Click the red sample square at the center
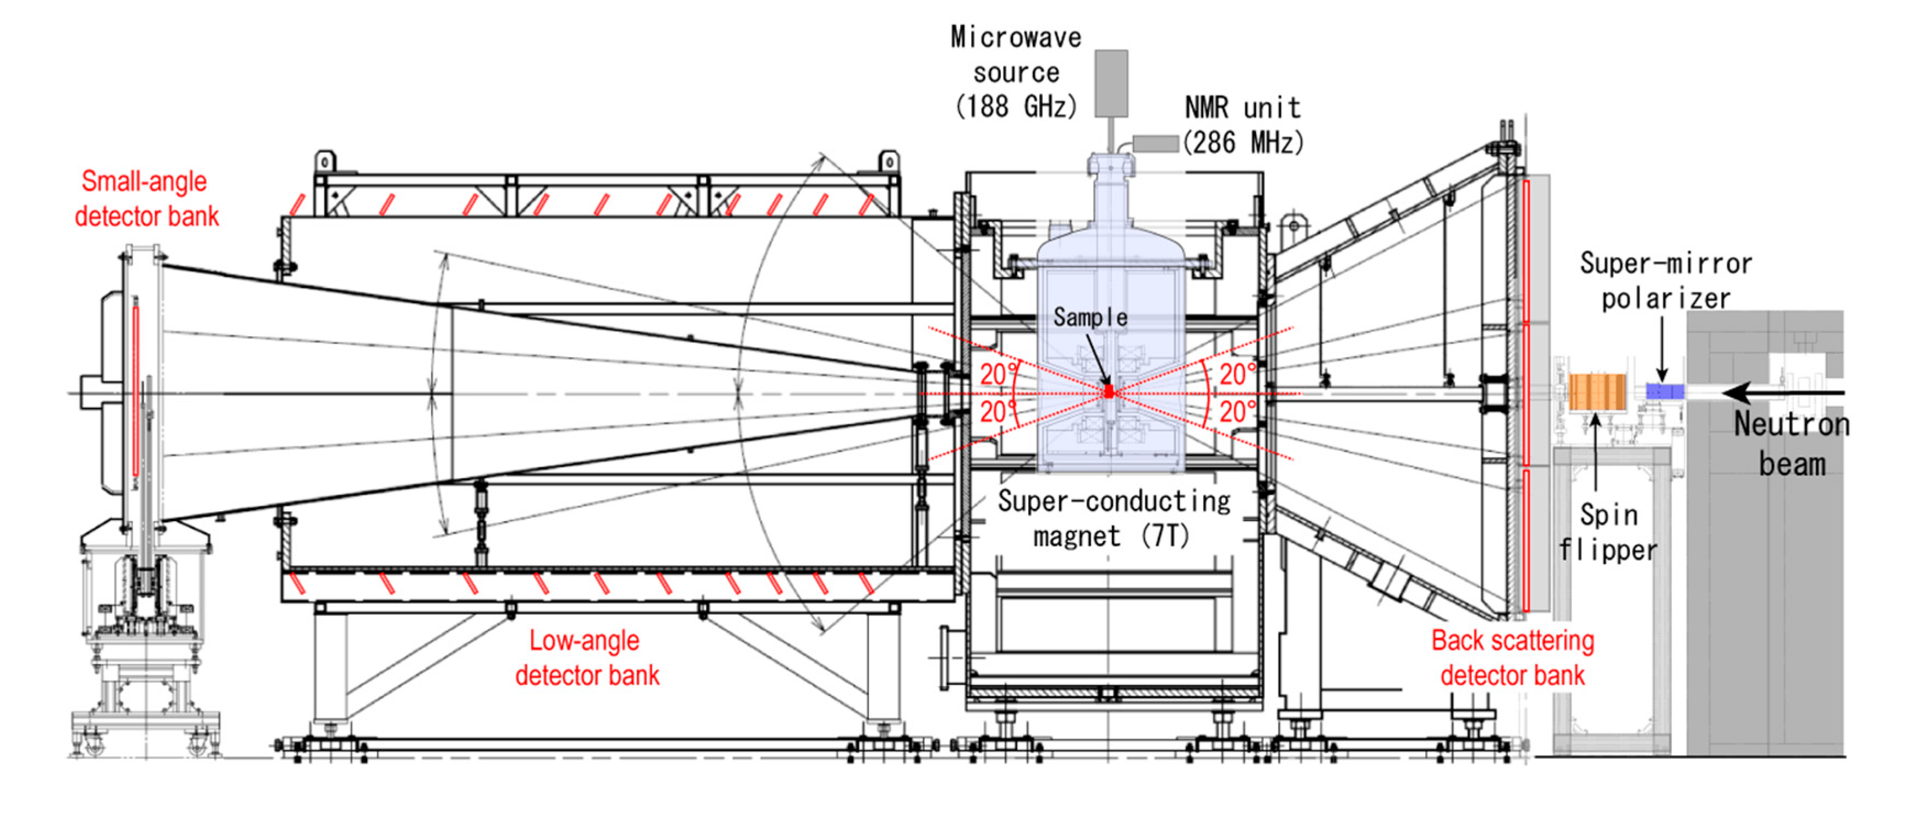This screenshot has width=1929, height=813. [x=1109, y=391]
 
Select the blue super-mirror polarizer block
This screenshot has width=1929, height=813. [x=1664, y=391]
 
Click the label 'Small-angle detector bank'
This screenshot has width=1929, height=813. [x=146, y=198]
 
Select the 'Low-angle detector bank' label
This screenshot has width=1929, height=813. [x=586, y=657]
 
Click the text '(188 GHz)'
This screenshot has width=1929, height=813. [x=1016, y=106]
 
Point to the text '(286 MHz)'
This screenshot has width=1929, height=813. [x=1243, y=142]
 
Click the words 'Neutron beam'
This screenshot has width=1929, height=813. [x=1791, y=443]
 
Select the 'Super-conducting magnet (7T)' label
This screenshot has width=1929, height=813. [x=1113, y=518]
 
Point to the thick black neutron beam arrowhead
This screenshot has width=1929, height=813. [x=1737, y=391]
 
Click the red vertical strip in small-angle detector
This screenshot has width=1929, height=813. [x=135, y=389]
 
